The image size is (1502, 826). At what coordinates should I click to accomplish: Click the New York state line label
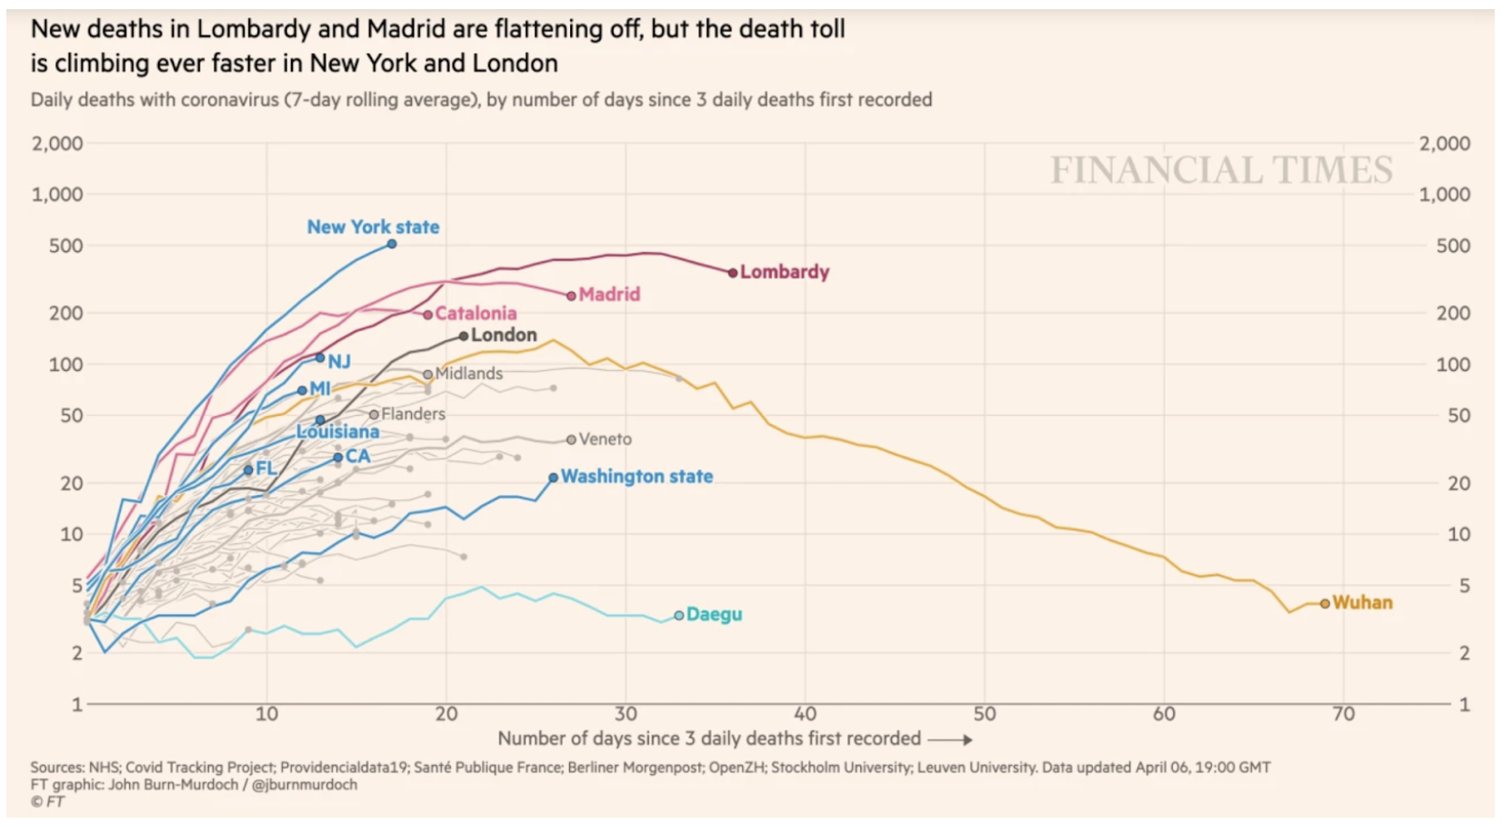pyautogui.click(x=373, y=227)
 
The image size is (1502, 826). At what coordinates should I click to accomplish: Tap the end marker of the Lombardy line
pyautogui.click(x=733, y=272)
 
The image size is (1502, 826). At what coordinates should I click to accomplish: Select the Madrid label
pyautogui.click(x=609, y=294)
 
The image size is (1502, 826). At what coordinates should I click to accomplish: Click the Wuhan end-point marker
pyautogui.click(x=1325, y=603)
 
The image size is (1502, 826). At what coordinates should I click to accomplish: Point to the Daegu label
pyautogui.click(x=714, y=614)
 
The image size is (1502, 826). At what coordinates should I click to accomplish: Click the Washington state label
pyautogui.click(x=636, y=476)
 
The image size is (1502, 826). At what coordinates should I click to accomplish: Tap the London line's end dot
pyautogui.click(x=464, y=336)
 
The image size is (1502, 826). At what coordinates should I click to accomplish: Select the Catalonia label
pyautogui.click(x=476, y=313)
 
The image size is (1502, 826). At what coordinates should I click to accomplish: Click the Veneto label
pyautogui.click(x=605, y=438)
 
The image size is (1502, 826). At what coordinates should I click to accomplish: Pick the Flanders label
pyautogui.click(x=413, y=414)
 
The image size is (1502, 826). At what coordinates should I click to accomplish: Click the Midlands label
pyautogui.click(x=468, y=373)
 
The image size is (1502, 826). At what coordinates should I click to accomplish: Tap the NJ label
pyautogui.click(x=339, y=361)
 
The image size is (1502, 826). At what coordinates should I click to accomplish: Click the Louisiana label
pyautogui.click(x=337, y=431)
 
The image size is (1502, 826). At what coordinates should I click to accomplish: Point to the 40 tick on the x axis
pyautogui.click(x=805, y=714)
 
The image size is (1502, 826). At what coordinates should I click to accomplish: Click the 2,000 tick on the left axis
pyautogui.click(x=57, y=143)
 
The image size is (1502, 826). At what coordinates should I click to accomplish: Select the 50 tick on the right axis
pyautogui.click(x=1458, y=415)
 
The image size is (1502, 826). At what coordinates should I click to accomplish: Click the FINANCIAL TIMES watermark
pyautogui.click(x=1221, y=170)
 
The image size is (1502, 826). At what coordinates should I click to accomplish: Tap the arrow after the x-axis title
pyautogui.click(x=950, y=740)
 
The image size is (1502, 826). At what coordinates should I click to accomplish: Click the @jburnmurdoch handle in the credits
pyautogui.click(x=305, y=784)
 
